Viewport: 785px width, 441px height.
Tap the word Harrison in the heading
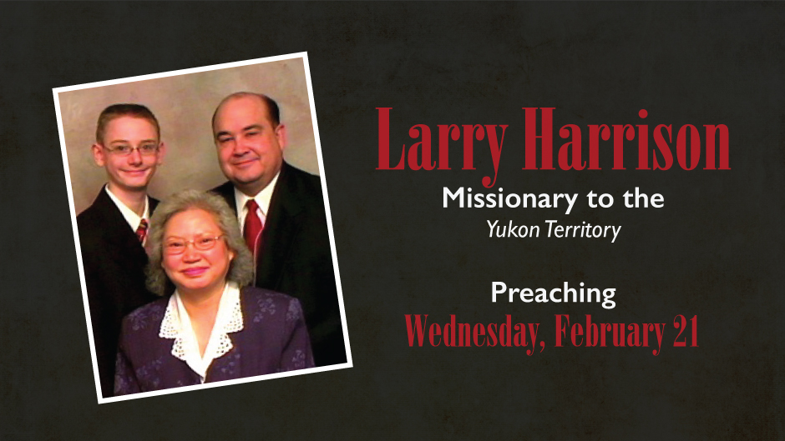pyautogui.click(x=626, y=139)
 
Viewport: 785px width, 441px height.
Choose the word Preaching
pyautogui.click(x=553, y=294)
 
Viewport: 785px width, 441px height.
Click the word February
pyautogui.click(x=610, y=332)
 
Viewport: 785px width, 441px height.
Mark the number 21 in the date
pyautogui.click(x=686, y=331)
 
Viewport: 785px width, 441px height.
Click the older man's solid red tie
pyautogui.click(x=253, y=226)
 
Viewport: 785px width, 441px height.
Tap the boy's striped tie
pyautogui.click(x=142, y=231)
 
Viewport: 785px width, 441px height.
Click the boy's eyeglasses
pyautogui.click(x=132, y=148)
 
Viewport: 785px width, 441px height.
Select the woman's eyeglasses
pyautogui.click(x=193, y=243)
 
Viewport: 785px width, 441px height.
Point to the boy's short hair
pyautogui.click(x=128, y=118)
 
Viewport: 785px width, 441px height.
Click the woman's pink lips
pyautogui.click(x=195, y=272)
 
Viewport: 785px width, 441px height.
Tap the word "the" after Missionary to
pyautogui.click(x=643, y=198)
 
